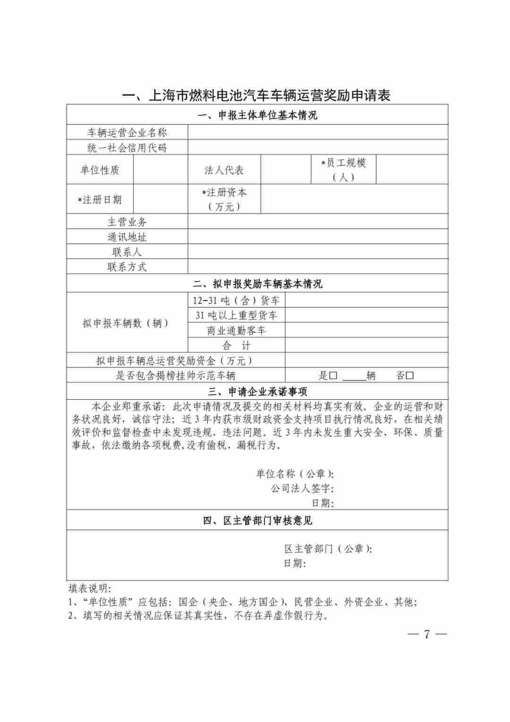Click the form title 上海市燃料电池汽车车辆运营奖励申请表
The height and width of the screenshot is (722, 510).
pos(256,95)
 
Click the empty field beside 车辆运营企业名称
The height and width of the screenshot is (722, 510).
pos(317,132)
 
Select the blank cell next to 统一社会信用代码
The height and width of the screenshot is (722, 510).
pos(317,147)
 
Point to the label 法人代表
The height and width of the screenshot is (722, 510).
pos(224,170)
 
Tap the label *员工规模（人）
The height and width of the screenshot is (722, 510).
pos(343,170)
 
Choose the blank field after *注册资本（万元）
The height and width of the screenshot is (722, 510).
pos(354,199)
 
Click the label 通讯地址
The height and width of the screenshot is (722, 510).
pos(127,237)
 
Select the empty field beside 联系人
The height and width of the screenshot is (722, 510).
pos(317,252)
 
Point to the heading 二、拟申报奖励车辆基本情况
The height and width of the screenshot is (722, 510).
pos(257,284)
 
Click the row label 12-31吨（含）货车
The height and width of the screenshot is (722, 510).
pos(236,301)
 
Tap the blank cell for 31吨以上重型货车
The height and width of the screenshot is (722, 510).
pos(366,315)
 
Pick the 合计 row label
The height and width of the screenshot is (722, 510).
pos(236,345)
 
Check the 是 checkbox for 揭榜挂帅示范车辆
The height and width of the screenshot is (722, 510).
pos(333,376)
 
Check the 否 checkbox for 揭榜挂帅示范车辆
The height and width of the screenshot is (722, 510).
pos(410,376)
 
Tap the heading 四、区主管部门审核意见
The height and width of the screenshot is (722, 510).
pos(257,520)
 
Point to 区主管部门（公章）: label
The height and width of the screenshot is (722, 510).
pos(328,549)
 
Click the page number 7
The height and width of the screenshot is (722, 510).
pos(427,634)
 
